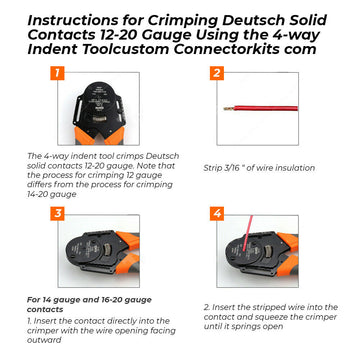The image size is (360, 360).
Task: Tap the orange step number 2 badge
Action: [216, 73]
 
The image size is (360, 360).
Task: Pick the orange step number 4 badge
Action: [216, 214]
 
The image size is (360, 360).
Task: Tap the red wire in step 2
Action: [280, 109]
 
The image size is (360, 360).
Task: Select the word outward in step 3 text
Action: [45, 339]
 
